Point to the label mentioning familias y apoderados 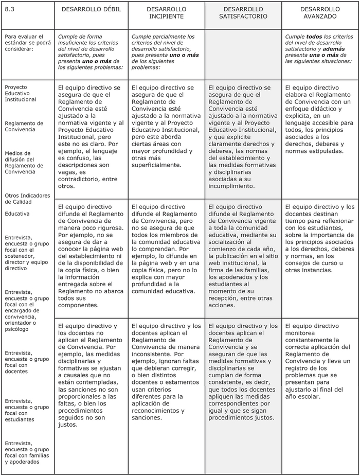[x=27, y=452]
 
